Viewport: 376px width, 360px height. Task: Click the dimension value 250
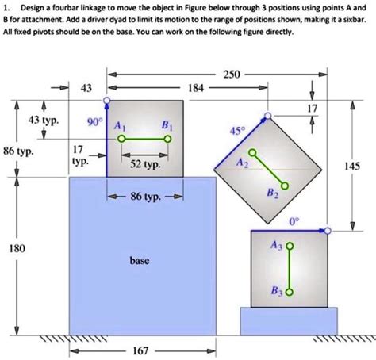pos(232,74)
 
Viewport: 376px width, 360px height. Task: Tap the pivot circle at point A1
pos(121,138)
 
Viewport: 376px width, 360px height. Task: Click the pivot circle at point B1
pos(167,138)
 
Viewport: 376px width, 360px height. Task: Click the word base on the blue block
pos(140,260)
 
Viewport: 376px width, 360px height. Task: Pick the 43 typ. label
pos(44,120)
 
